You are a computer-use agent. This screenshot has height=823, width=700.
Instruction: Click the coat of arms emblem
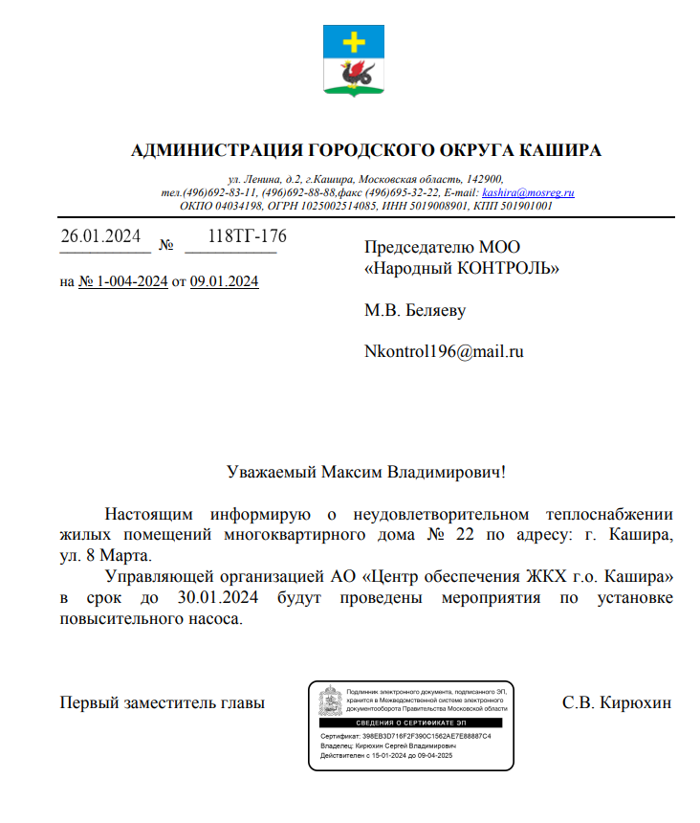click(354, 61)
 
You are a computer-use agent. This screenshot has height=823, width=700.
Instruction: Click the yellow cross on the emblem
click(354, 42)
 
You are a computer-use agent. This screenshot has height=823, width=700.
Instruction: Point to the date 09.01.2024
click(225, 281)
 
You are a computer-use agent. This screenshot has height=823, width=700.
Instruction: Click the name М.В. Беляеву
click(416, 310)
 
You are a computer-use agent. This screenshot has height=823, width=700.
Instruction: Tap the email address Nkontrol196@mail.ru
click(444, 351)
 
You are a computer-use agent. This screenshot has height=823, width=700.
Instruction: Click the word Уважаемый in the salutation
click(271, 472)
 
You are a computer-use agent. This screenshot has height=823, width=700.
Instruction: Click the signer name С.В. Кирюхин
click(617, 702)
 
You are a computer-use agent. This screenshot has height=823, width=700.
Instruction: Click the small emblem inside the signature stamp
click(330, 699)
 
